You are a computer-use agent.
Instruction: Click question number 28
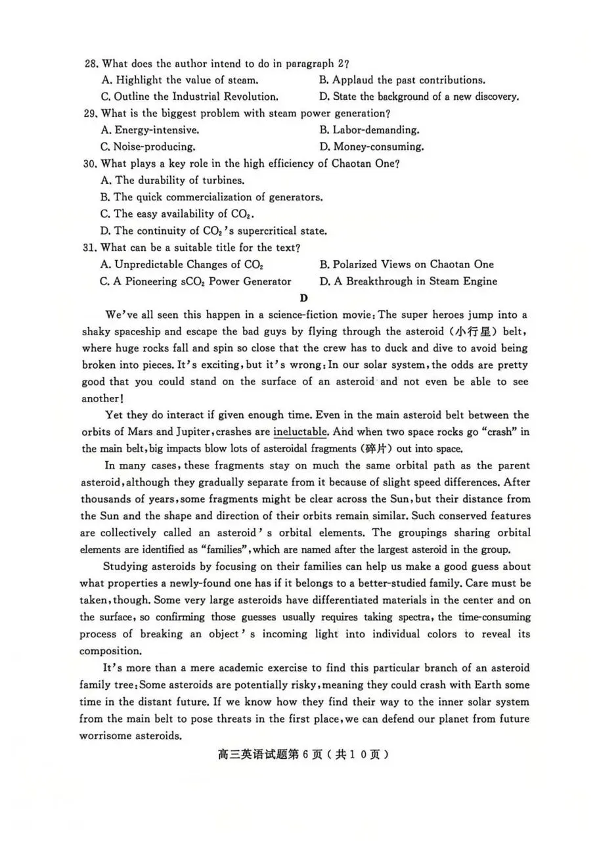point(91,64)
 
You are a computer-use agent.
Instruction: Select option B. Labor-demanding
point(369,130)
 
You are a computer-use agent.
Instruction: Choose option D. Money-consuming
point(371,147)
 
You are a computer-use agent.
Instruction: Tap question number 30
point(91,164)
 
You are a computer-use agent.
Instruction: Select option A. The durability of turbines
point(172,180)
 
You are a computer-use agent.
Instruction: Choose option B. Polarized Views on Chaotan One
point(407,264)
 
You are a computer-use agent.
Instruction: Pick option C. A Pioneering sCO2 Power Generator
point(196,281)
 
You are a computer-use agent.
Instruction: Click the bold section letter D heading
point(303,297)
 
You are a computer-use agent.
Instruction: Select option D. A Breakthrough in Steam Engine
point(409,281)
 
